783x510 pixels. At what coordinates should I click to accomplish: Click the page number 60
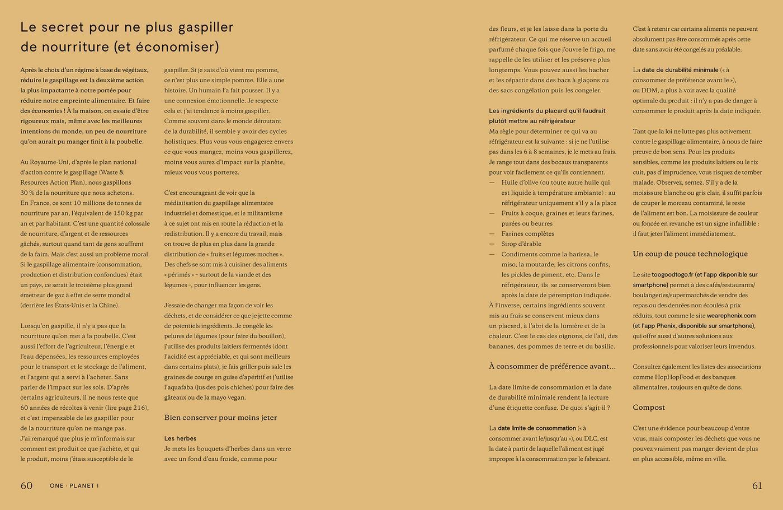pyautogui.click(x=26, y=485)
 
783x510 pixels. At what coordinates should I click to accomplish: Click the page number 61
pyautogui.click(x=757, y=485)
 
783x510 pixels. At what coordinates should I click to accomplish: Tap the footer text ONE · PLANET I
pyautogui.click(x=74, y=486)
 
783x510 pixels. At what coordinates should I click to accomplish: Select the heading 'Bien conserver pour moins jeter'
pyautogui.click(x=220, y=418)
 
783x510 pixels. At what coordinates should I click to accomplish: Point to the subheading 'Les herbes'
pyautogui.click(x=180, y=438)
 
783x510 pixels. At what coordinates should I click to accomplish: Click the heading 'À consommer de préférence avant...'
pyautogui.click(x=552, y=366)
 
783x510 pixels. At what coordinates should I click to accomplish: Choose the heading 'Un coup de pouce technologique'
pyautogui.click(x=690, y=254)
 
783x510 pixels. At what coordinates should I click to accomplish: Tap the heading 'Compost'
pyautogui.click(x=649, y=407)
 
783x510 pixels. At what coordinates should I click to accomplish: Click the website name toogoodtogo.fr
pyautogui.click(x=672, y=275)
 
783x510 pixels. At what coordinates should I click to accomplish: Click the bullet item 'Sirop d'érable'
pyautogui.click(x=521, y=244)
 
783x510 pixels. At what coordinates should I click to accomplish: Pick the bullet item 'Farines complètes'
pyautogui.click(x=527, y=233)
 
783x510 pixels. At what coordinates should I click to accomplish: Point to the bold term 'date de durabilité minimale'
pyautogui.click(x=680, y=70)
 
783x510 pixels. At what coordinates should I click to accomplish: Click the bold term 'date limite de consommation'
pyautogui.click(x=536, y=428)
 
